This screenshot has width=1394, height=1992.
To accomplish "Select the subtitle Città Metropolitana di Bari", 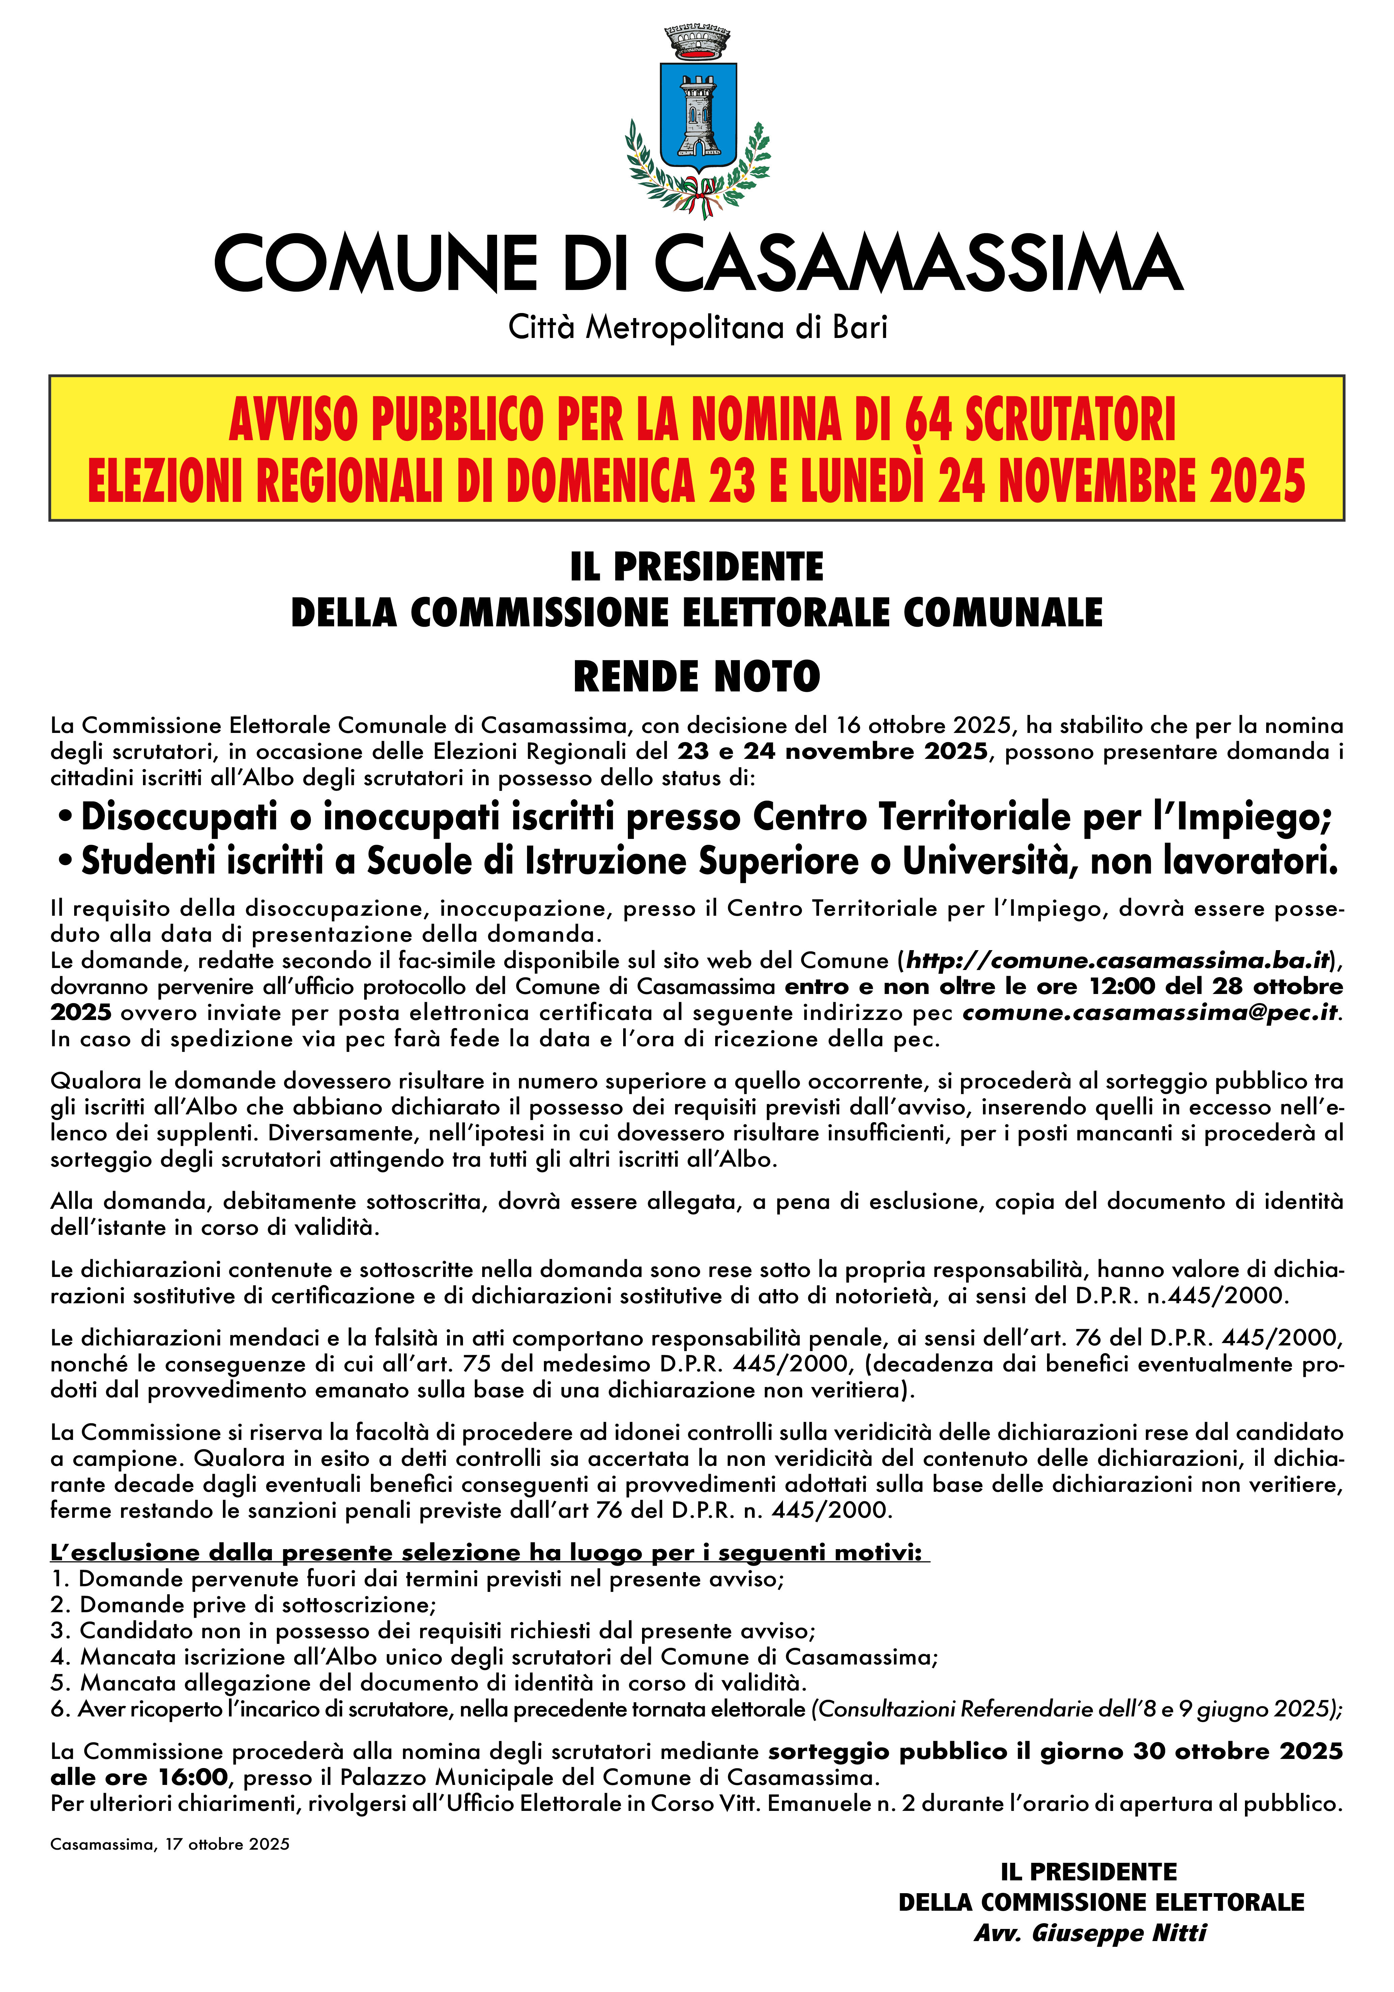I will coord(697,328).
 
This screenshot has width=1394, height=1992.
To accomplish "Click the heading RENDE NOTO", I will coord(697,677).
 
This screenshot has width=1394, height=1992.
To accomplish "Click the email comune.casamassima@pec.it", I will coord(1150,1013).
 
